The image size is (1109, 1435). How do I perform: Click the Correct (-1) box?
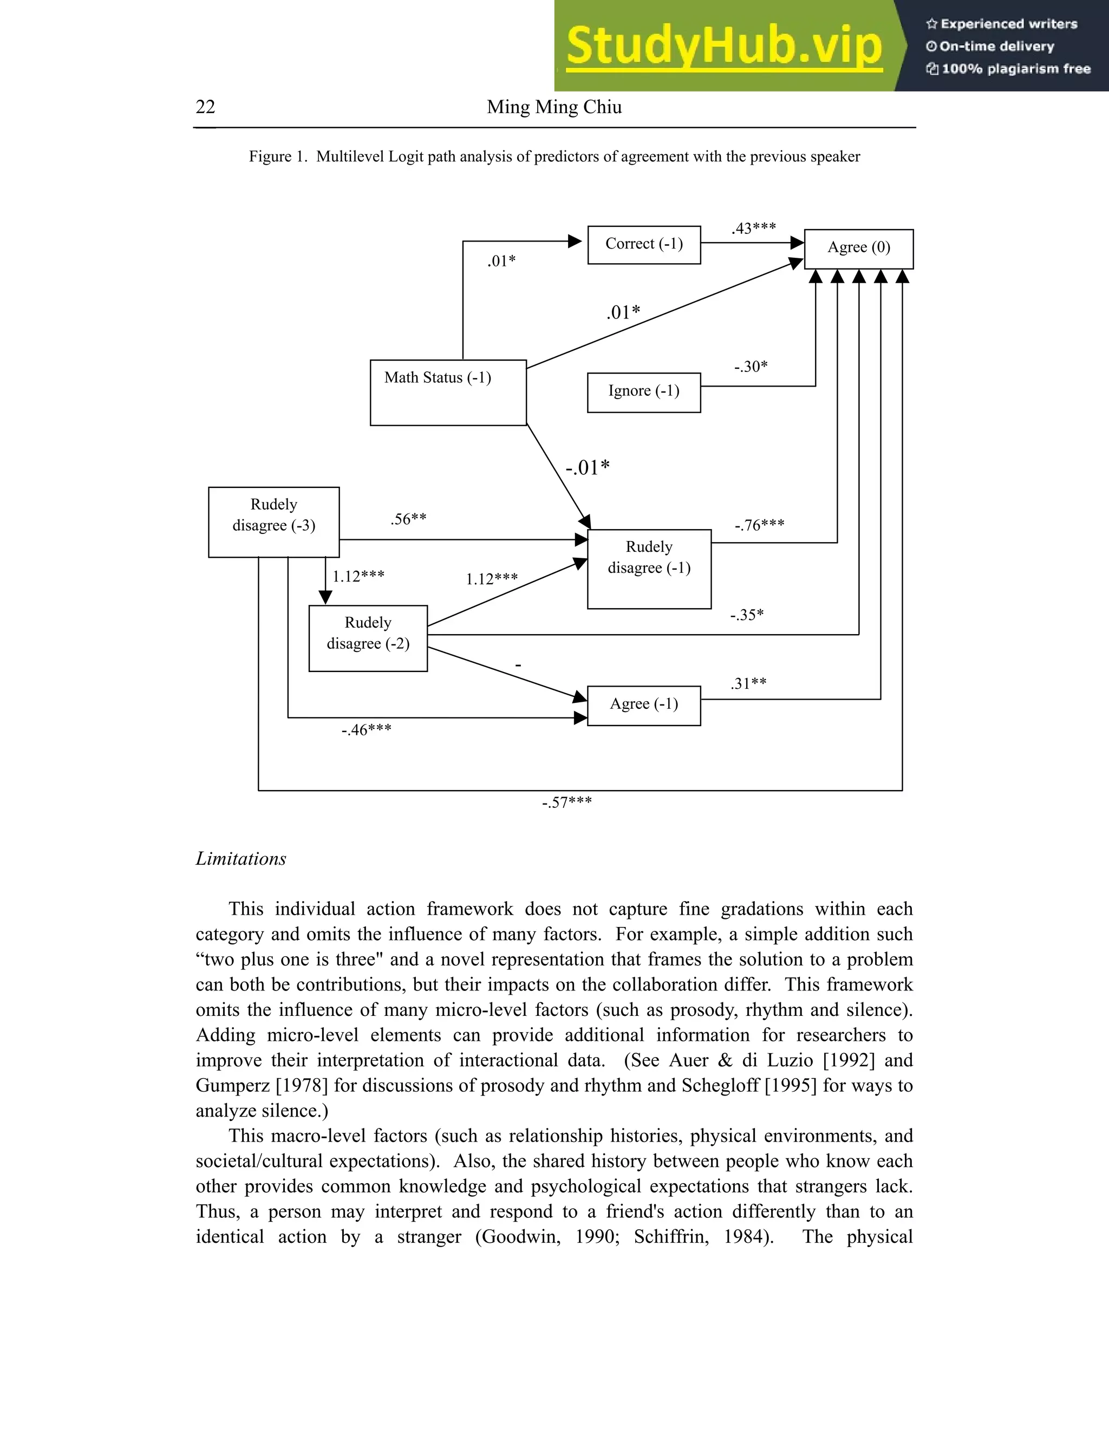coord(644,244)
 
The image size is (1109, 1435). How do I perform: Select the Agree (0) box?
coord(858,249)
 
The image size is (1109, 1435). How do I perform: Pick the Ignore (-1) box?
coord(644,392)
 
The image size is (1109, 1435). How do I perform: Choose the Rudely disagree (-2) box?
coord(368,637)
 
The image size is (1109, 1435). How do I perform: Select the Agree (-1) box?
coord(644,705)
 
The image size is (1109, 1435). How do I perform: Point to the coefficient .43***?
coord(754,228)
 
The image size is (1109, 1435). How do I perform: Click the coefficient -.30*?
coord(751,366)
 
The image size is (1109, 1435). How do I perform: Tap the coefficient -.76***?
coord(760,525)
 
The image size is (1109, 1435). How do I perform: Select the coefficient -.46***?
coord(367,729)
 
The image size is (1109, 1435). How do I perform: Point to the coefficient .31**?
coord(748,683)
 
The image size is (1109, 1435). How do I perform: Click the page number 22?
coord(206,107)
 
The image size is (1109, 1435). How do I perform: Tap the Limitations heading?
coord(241,859)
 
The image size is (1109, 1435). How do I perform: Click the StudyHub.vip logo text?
coord(724,46)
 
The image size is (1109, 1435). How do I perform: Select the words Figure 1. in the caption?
coord(278,156)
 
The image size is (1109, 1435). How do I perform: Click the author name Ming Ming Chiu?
coord(554,107)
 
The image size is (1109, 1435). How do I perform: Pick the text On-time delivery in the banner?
coord(996,46)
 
